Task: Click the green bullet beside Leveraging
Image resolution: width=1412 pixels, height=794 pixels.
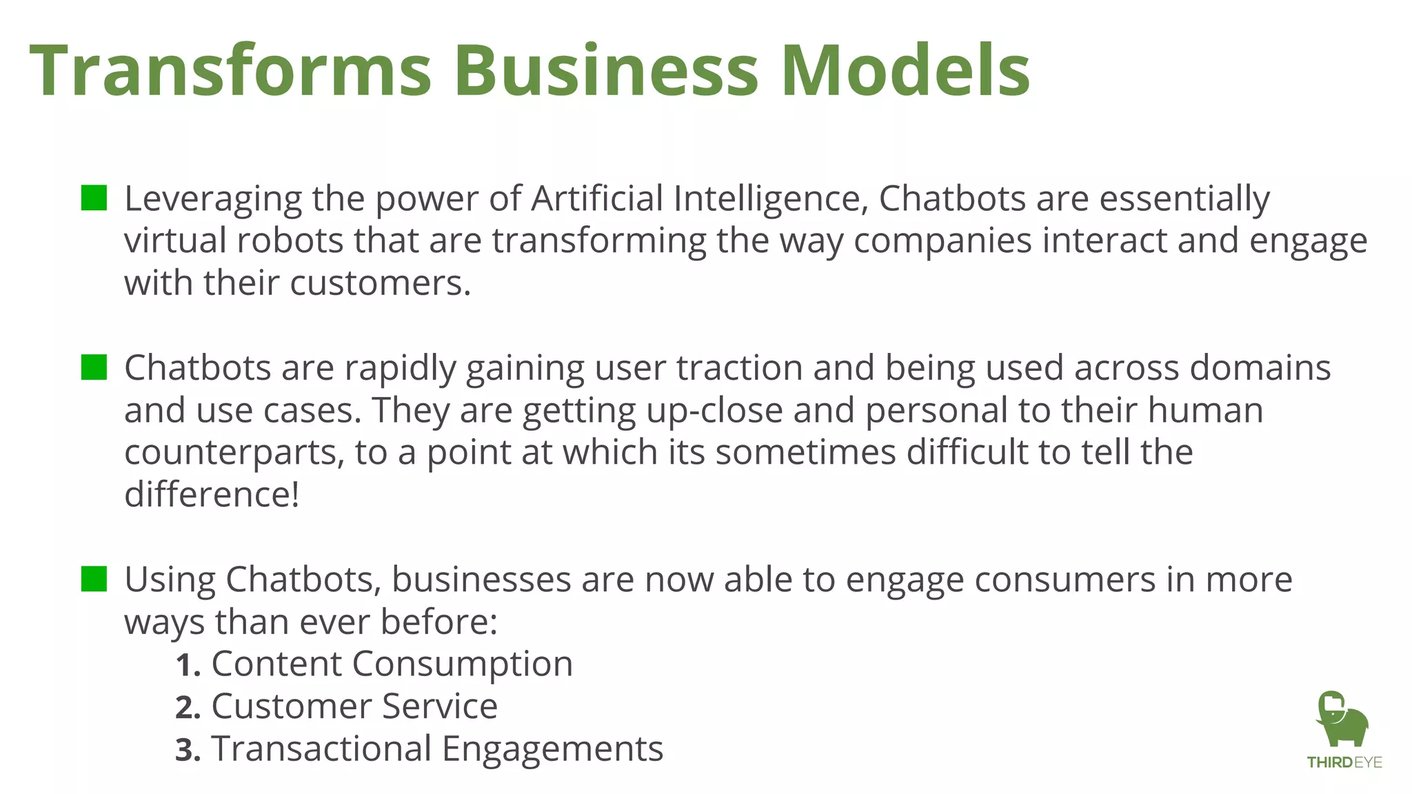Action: (94, 198)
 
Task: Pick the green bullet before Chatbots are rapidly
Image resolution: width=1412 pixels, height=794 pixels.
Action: (94, 367)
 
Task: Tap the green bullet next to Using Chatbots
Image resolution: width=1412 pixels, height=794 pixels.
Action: (94, 579)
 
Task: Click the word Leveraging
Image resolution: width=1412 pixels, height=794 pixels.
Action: (212, 200)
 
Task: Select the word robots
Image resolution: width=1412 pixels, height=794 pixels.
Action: (290, 241)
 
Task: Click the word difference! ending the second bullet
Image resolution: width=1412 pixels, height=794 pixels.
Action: (212, 495)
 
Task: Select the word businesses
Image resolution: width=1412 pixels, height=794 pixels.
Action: (481, 580)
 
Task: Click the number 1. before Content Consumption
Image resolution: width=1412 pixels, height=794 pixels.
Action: (188, 666)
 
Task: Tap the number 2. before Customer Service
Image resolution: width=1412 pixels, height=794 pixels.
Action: (188, 708)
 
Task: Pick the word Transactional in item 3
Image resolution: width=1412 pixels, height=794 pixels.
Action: (321, 749)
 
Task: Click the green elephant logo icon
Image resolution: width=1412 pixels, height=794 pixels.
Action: (1342, 719)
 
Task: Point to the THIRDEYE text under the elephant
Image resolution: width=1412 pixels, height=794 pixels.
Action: (1344, 762)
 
